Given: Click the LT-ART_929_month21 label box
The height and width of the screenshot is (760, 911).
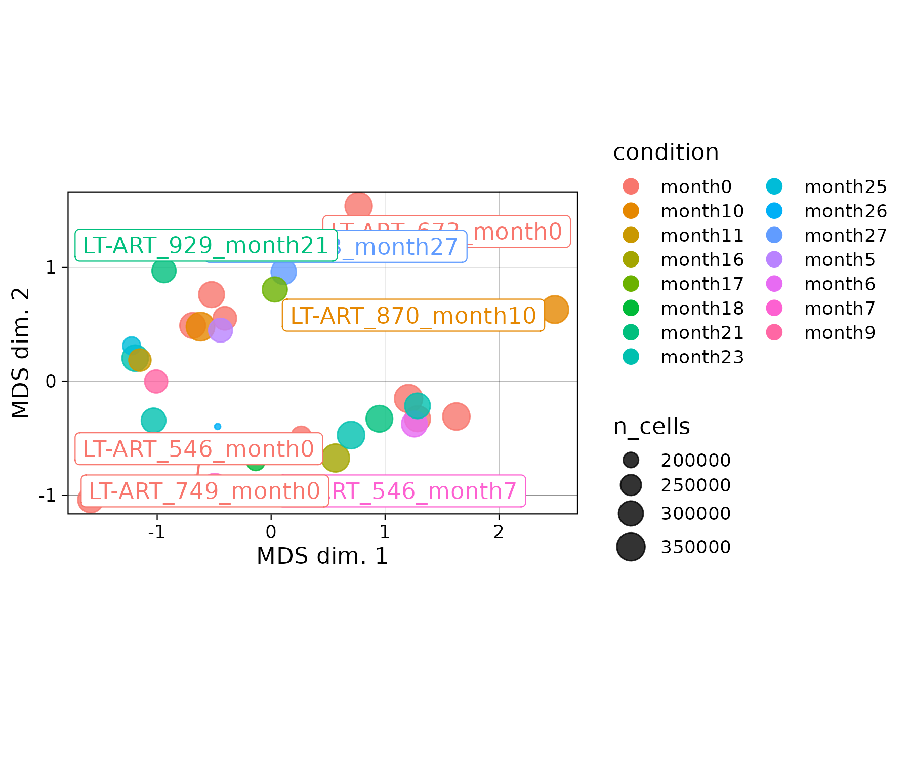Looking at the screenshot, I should point(206,246).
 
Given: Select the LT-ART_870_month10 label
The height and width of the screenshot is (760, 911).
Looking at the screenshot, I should point(413,316).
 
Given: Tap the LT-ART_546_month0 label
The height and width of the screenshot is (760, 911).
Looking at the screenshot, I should point(198,449).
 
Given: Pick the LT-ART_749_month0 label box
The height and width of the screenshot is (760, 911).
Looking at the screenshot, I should point(204,491).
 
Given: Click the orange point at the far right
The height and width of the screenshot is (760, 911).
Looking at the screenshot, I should point(554,309).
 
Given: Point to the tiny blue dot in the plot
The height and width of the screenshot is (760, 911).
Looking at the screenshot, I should point(218,427).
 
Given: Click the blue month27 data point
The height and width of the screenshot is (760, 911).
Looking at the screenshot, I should point(283,272).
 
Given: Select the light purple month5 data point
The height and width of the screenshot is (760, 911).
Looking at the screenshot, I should point(220,331).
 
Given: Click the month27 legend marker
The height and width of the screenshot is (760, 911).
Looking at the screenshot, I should point(774,235).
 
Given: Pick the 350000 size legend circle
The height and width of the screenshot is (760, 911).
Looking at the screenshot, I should point(631,547).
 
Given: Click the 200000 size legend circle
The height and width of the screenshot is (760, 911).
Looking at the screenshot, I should point(631,460).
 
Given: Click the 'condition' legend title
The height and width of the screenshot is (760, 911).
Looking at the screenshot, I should point(666,153).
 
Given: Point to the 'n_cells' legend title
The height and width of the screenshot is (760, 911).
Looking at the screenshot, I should point(651,427).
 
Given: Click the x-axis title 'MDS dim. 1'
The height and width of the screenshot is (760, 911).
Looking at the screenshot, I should point(322,556).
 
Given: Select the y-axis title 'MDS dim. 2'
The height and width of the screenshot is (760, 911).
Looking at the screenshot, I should point(21,353).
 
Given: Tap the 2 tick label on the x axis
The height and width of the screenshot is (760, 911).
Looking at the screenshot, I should point(499,533).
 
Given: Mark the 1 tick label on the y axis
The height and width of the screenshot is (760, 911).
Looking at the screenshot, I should point(51,268).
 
